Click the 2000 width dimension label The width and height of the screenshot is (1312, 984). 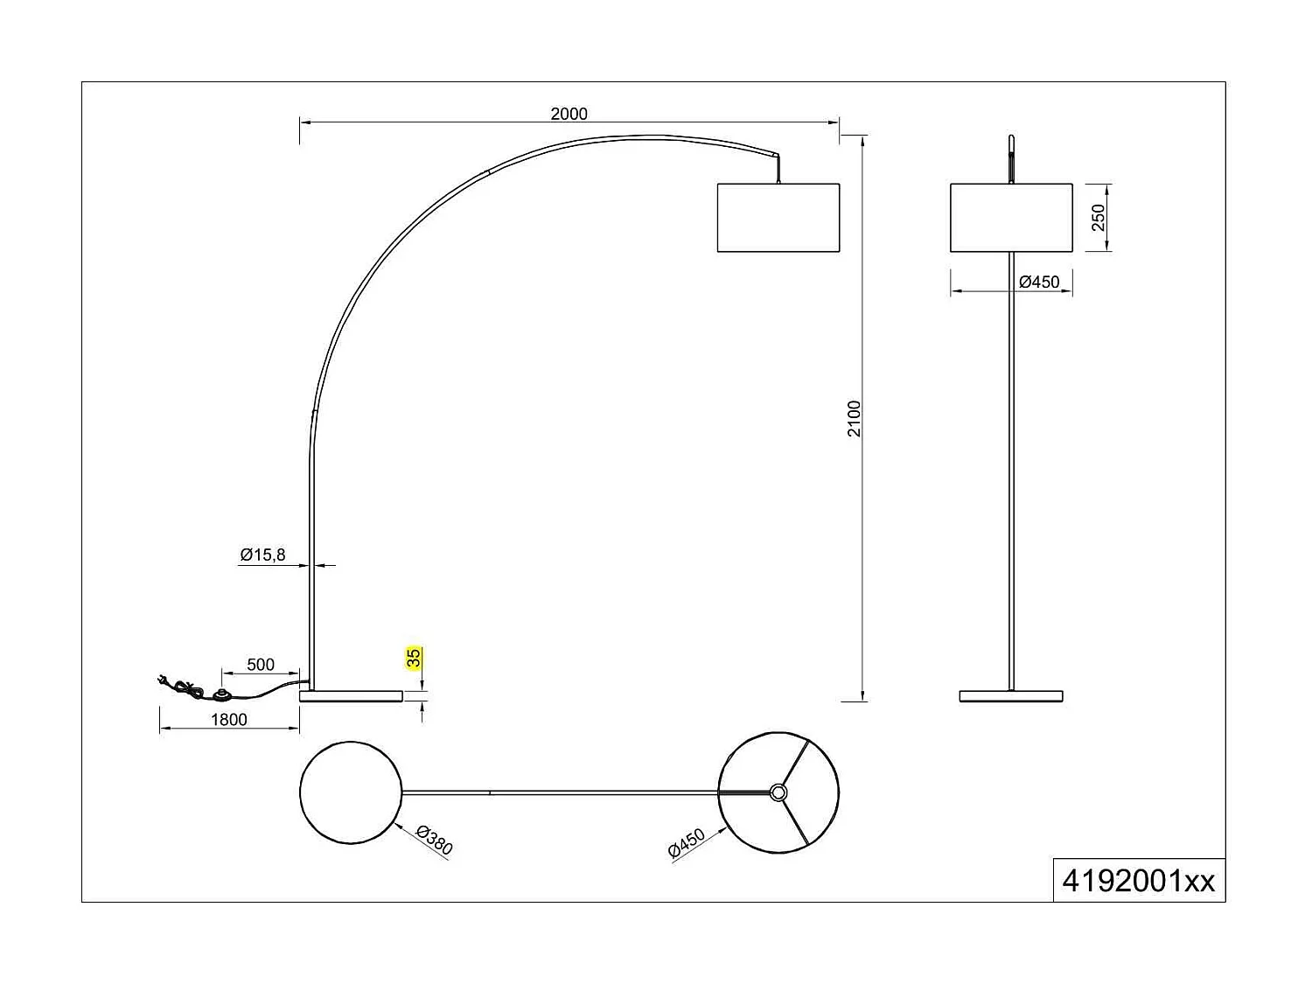pos(569,114)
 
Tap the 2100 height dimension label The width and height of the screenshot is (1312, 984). pos(855,418)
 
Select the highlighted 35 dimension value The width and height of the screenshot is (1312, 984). pos(415,658)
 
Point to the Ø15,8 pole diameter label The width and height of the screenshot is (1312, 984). pos(262,555)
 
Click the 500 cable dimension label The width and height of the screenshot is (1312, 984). pos(261,665)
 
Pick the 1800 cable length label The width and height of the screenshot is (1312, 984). pos(229,720)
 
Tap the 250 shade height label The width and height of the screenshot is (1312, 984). pos(1099,217)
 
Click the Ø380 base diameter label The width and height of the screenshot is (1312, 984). pos(434,841)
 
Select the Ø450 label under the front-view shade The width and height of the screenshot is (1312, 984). pos(1039,282)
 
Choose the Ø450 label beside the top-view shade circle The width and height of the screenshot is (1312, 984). pos(687,846)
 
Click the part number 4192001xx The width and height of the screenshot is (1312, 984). pos(1138,881)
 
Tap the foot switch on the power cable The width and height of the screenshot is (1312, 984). pos(223,695)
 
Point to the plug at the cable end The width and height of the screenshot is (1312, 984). pos(163,680)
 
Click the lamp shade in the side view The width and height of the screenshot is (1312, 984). pos(778,218)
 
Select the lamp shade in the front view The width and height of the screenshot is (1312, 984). pos(1011,218)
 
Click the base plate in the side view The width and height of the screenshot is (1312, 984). pos(351,696)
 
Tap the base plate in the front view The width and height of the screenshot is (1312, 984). pos(1011,696)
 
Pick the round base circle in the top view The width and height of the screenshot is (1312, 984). pos(351,792)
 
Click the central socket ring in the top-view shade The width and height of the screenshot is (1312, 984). pos(778,792)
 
